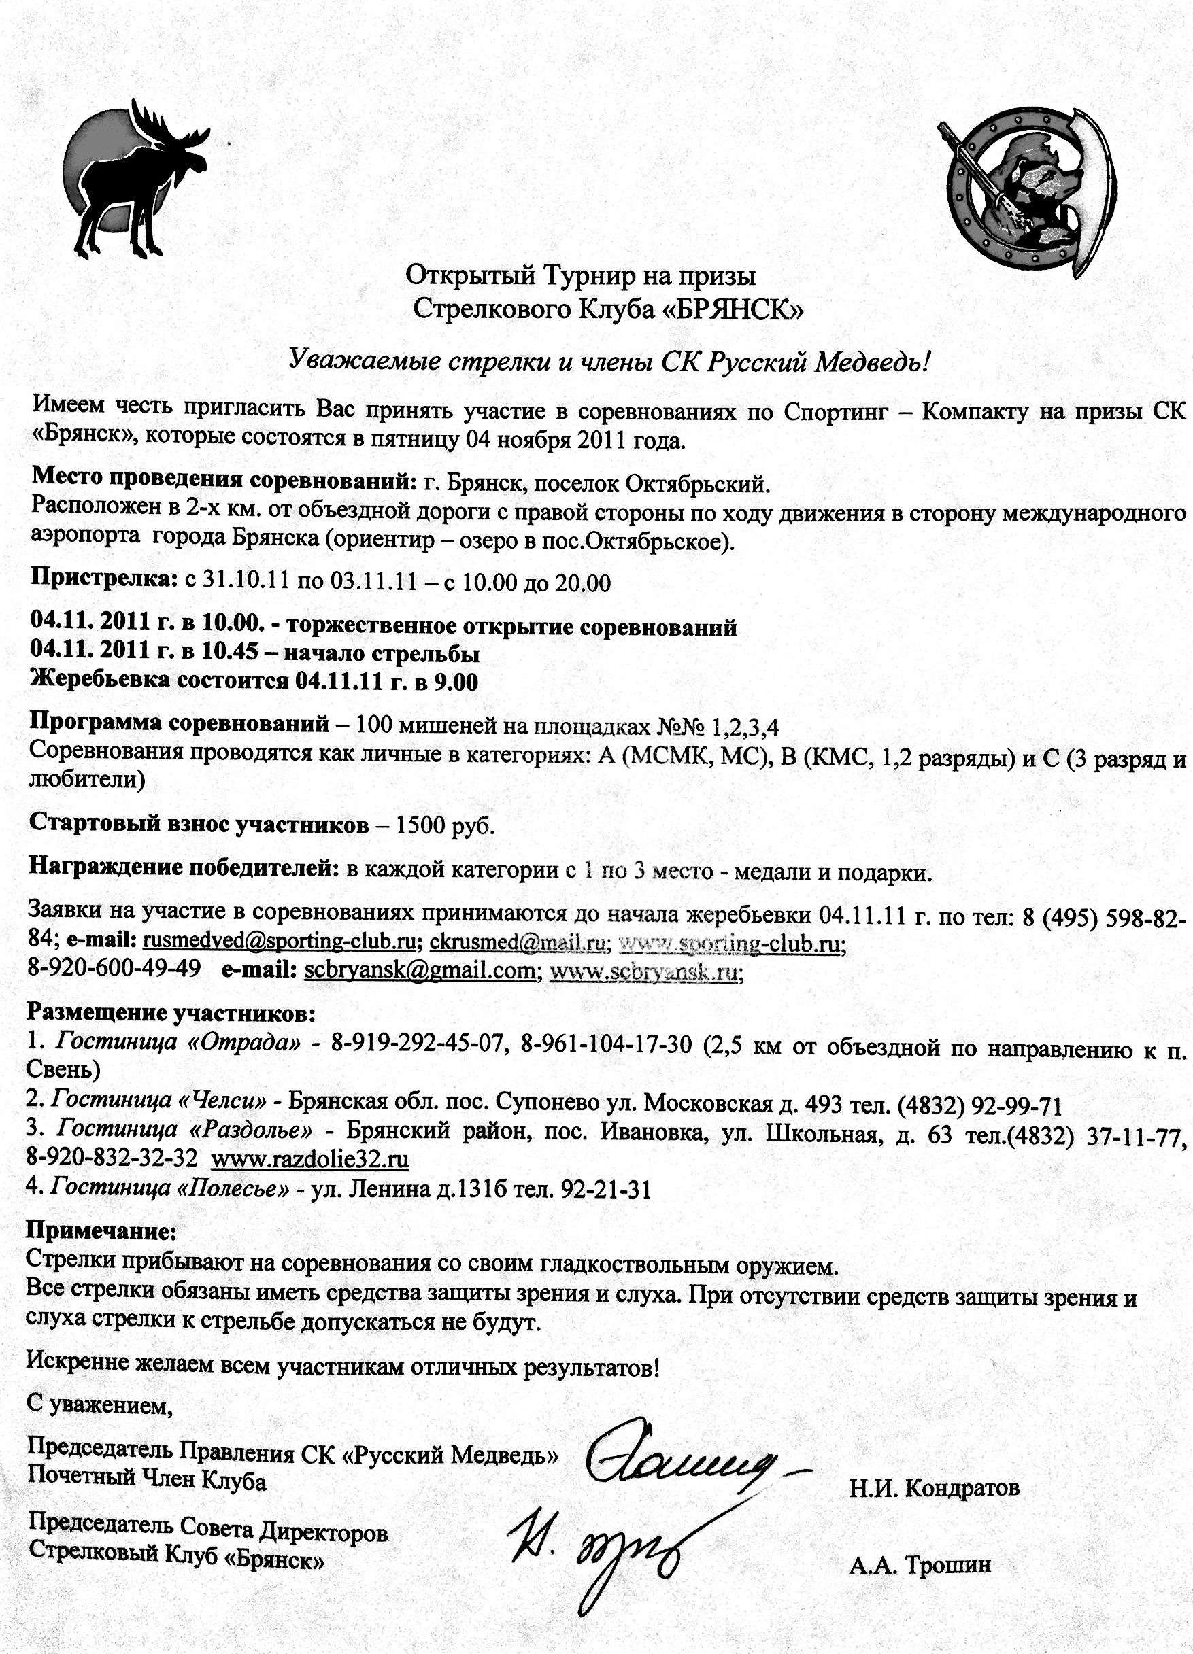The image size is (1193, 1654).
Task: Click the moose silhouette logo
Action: (x=135, y=179)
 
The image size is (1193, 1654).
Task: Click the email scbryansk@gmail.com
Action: (x=419, y=971)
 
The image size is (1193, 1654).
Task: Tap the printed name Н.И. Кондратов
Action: (x=934, y=1468)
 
